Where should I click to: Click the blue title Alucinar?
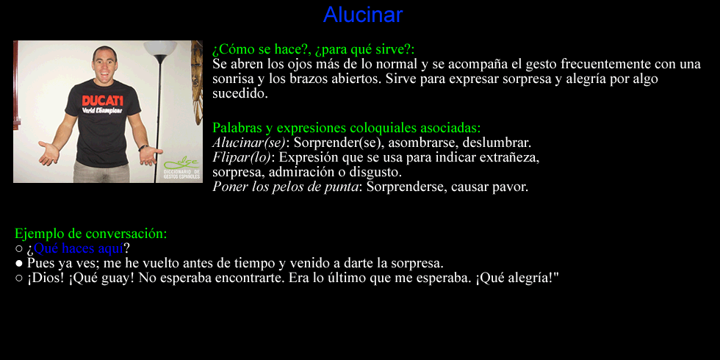363,15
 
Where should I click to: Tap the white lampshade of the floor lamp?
160,48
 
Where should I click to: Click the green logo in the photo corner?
182,168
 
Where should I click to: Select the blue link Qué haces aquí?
79,248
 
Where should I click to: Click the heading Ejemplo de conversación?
91,234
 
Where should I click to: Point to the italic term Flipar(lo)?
242,157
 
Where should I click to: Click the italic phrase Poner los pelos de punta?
285,187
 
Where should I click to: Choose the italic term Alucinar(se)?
249,143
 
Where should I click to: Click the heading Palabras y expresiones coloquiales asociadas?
347,128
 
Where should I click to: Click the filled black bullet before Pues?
19,264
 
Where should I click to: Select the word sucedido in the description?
240,94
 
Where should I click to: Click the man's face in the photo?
104,63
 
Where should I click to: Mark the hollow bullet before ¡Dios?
19,278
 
